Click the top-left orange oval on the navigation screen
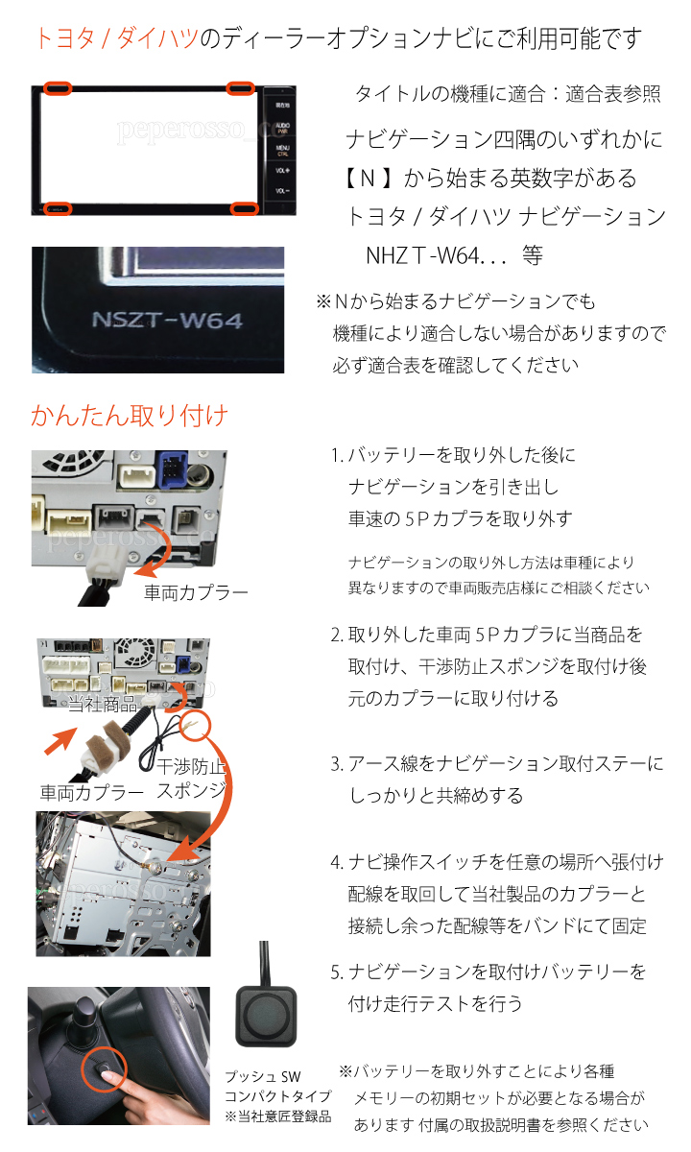click(57, 88)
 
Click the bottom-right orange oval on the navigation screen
click(244, 208)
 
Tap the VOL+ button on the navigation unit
click(282, 170)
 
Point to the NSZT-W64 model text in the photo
click(167, 320)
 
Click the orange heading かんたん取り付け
click(129, 415)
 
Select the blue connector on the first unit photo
click(174, 469)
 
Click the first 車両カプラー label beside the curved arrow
click(196, 592)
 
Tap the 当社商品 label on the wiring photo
click(103, 703)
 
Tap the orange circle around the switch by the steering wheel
click(105, 1068)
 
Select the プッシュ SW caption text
click(263, 1076)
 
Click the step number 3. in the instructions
click(337, 764)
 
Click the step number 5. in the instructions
click(337, 972)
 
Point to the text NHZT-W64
click(422, 255)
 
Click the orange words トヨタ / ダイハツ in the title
click(117, 38)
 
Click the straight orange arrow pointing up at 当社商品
click(60, 740)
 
